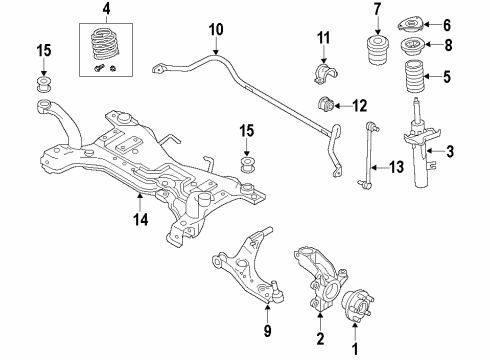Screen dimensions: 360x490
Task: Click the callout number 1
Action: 351,349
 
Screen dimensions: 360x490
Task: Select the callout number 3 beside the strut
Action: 450,151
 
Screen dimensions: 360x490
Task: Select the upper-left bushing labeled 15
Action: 44,81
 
